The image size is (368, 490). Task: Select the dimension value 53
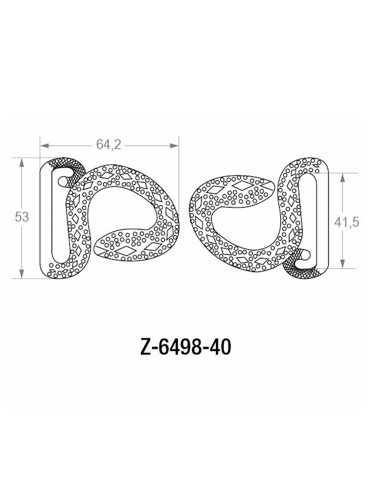(22, 217)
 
